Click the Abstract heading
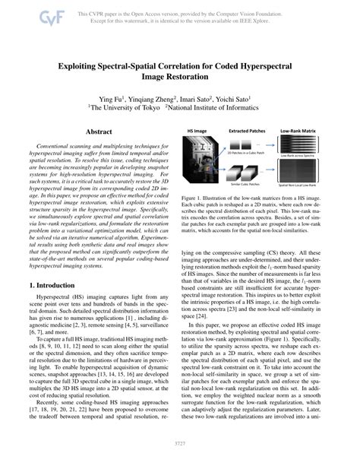click(x=99, y=132)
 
